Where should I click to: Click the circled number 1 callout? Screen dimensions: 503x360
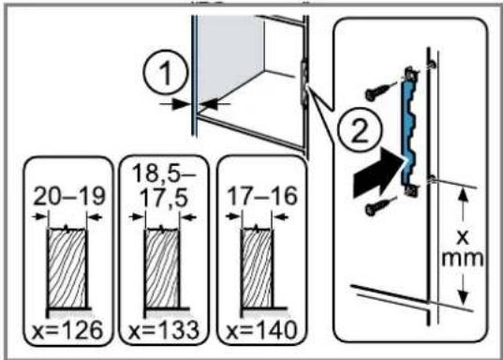coord(166,73)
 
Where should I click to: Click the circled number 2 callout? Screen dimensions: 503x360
coord(360,129)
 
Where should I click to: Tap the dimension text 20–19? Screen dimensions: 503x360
coord(69,196)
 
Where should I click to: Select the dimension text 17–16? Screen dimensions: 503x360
coord(262,196)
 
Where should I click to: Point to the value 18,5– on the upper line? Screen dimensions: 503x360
coord(164,173)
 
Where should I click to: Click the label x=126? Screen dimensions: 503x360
coord(67,330)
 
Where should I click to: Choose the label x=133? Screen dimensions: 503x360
coord(164,330)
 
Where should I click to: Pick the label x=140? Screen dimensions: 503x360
coord(261,330)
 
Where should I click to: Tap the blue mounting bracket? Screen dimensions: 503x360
coord(408,131)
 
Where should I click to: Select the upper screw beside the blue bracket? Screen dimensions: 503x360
coord(379,91)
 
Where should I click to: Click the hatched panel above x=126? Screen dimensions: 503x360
coord(67,268)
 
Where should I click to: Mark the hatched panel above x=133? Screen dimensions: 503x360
coord(162,268)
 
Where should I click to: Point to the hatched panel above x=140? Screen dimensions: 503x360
coord(257,268)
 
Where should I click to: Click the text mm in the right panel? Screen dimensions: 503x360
coord(463,259)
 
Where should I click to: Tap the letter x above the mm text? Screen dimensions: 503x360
coord(463,237)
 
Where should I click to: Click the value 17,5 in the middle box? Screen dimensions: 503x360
coord(164,198)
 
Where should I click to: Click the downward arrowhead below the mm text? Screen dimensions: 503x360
coord(462,296)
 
